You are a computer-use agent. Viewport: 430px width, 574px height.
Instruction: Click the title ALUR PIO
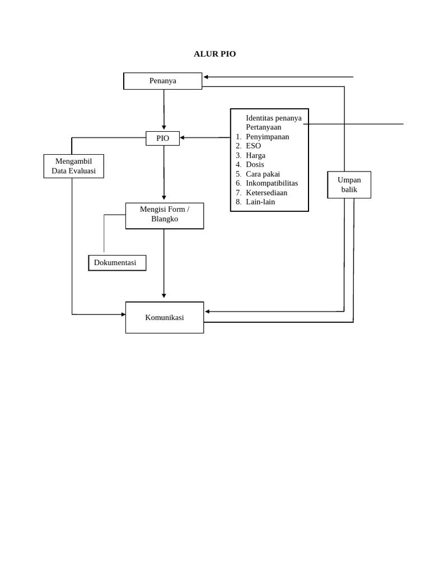[214, 54]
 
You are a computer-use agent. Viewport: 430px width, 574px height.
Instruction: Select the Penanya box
[163, 81]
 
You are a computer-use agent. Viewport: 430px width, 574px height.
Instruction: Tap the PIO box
[162, 138]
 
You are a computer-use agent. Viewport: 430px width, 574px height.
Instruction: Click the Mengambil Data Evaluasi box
[73, 166]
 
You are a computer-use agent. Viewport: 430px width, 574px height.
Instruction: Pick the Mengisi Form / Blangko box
[165, 215]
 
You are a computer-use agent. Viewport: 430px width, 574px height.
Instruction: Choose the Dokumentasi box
[117, 263]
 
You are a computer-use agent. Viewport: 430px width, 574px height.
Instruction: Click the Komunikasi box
[165, 317]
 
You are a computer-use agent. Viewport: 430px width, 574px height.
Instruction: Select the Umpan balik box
[349, 184]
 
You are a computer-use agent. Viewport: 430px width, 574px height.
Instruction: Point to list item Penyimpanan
[267, 137]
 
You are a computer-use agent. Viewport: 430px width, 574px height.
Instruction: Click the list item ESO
[253, 146]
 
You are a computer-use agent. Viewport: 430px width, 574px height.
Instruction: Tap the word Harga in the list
[255, 155]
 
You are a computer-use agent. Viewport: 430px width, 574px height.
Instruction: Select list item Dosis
[255, 165]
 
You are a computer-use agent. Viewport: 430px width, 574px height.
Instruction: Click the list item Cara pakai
[263, 174]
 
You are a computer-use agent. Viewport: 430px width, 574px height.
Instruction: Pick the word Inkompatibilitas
[272, 183]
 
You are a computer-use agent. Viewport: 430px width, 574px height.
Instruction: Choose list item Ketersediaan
[267, 192]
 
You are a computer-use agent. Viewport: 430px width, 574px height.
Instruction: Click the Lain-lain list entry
[260, 202]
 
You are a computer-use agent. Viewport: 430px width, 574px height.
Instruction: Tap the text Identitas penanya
[273, 118]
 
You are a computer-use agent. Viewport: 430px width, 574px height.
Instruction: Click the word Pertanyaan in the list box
[263, 127]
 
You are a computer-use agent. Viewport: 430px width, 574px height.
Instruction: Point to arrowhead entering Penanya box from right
[206, 77]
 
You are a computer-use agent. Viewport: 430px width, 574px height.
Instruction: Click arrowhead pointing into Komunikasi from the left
[123, 314]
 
